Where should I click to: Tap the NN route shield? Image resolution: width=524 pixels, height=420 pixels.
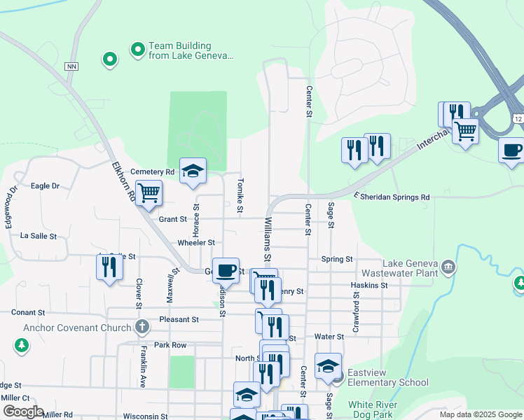[x=71, y=66]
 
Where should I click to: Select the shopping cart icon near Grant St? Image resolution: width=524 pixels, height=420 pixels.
[x=148, y=193]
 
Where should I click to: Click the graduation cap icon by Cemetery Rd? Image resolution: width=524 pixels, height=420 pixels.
[x=193, y=171]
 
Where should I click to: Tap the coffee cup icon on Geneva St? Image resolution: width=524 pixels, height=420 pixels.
[x=226, y=270]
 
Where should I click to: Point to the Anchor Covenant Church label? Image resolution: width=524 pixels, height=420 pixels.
[x=77, y=328]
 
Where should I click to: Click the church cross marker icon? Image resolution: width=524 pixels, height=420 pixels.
[x=142, y=327]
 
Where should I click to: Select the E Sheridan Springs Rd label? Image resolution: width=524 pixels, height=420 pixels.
[x=392, y=197]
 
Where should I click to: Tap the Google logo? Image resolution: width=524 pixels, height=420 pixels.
[x=23, y=412]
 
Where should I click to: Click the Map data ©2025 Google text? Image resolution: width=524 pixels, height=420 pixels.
[x=480, y=414]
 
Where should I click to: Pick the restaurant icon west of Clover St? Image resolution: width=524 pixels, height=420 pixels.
[x=109, y=267]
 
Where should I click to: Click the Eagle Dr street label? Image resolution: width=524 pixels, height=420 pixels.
[x=46, y=186]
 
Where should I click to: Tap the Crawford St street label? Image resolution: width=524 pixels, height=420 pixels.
[x=356, y=312]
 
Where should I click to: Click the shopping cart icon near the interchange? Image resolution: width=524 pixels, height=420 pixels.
[x=465, y=130]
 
